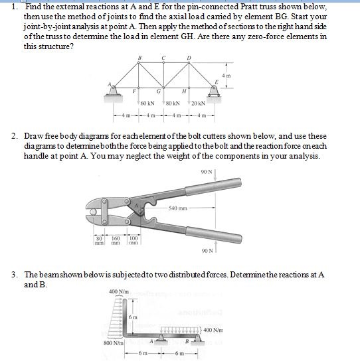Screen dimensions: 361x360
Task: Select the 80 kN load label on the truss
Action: coord(173,104)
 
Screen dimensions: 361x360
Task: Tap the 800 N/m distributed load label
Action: coord(113,344)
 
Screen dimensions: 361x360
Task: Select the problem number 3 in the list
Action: coord(15,274)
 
